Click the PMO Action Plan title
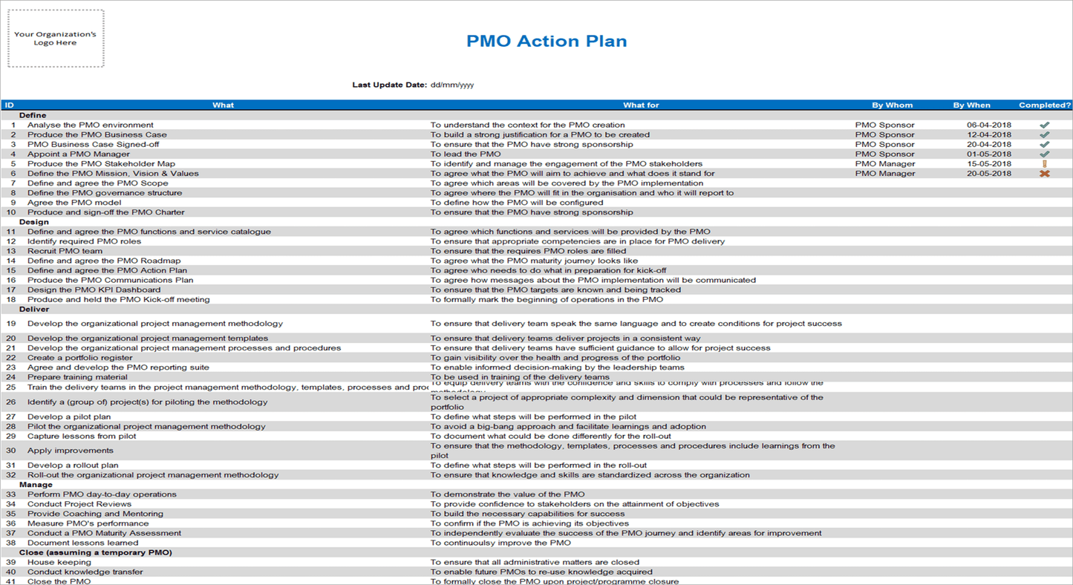547,41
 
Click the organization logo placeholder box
56,39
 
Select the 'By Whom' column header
892,105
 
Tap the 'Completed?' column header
1045,105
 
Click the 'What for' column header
641,105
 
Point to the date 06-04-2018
988,125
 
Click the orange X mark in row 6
1045,174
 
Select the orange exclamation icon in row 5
1045,164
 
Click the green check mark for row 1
1045,125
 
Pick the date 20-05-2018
988,174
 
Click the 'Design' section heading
34,222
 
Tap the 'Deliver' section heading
34,309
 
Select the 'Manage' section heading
36,485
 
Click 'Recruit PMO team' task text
65,251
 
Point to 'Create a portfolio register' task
80,358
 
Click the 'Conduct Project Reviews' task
79,504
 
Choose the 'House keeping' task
59,562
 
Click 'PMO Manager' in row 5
884,164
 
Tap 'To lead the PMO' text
466,154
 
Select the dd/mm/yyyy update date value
452,85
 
